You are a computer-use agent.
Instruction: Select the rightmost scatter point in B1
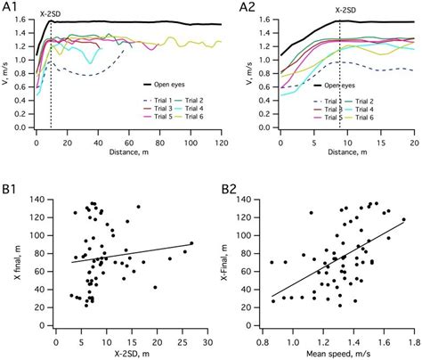[x=191, y=242]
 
